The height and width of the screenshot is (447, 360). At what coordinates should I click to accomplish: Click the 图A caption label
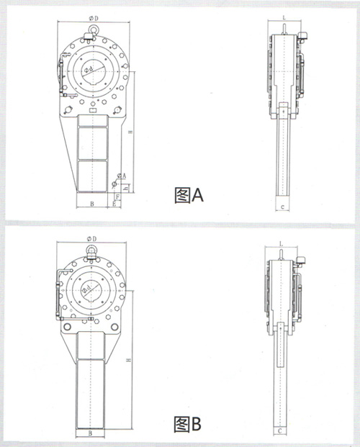[x=190, y=194]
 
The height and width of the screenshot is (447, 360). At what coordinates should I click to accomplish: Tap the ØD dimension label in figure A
[x=94, y=17]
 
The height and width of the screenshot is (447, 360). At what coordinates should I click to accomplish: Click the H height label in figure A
[x=130, y=133]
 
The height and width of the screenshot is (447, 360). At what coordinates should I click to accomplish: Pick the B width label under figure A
[x=92, y=204]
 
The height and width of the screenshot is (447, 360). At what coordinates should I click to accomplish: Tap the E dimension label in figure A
[x=114, y=204]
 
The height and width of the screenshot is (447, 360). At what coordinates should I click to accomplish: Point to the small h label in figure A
[x=127, y=189]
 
